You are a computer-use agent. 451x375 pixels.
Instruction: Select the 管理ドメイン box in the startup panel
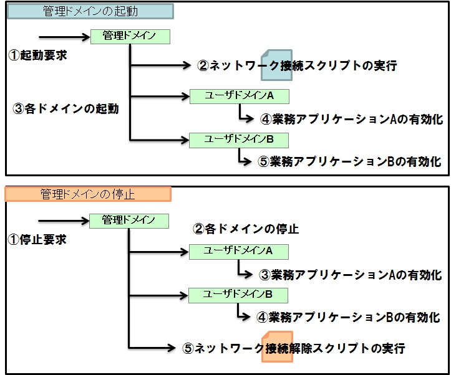[x=130, y=37]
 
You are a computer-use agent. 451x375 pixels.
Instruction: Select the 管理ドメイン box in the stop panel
[x=129, y=220]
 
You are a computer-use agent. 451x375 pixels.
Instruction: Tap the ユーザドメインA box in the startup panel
[x=240, y=96]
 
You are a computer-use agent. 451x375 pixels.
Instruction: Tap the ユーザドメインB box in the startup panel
[x=240, y=139]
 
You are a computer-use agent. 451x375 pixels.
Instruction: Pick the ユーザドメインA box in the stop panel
[x=239, y=251]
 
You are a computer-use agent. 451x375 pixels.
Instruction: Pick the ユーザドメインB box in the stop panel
[x=239, y=294]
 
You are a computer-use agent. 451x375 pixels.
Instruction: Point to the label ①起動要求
[x=38, y=55]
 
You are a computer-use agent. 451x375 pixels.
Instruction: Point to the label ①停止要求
[x=37, y=239]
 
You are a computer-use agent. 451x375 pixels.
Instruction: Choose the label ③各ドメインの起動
[x=66, y=108]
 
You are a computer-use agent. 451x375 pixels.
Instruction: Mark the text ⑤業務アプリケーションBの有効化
[x=349, y=161]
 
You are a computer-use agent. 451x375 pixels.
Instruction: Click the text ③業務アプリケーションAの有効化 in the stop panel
[x=350, y=275]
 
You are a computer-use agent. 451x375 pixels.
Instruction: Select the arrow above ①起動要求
[x=64, y=37]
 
